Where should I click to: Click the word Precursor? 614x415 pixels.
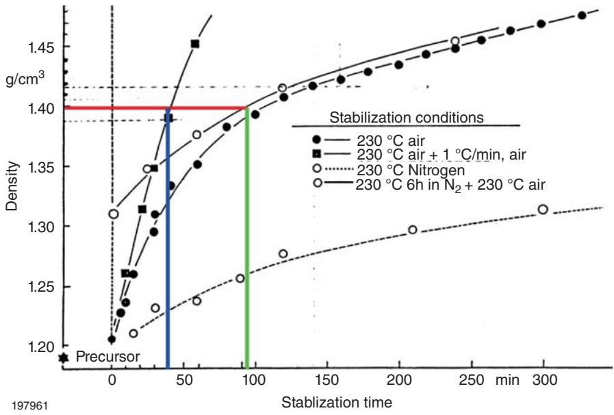coord(107,357)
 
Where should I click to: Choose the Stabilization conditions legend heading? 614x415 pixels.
coord(407,117)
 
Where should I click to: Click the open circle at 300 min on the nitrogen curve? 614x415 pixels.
coord(543,209)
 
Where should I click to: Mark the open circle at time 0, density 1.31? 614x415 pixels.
coord(113,214)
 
